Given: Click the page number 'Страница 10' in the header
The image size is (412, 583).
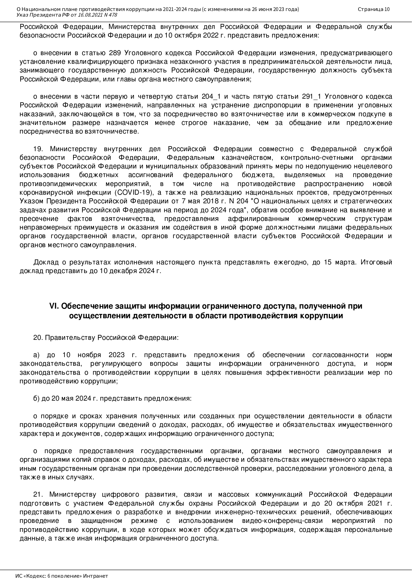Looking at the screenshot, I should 373,9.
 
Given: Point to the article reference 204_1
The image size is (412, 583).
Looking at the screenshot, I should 211,97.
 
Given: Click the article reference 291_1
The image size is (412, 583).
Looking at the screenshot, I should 311,97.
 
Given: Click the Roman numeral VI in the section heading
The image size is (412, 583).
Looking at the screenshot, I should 54,306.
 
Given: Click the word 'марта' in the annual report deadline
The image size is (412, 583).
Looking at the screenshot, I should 346,262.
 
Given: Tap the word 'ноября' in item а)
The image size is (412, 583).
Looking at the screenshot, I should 88,355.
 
